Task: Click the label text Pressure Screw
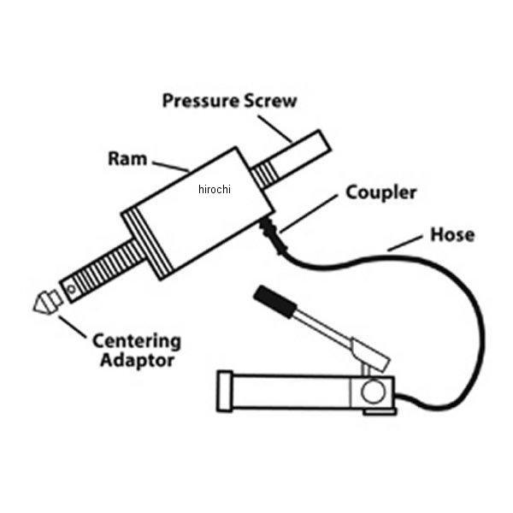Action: click(229, 101)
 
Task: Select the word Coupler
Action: click(380, 192)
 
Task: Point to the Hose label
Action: click(450, 234)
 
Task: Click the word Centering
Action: click(137, 341)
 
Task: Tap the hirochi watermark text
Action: click(214, 190)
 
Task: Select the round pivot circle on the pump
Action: click(372, 392)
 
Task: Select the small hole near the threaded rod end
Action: click(73, 291)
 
